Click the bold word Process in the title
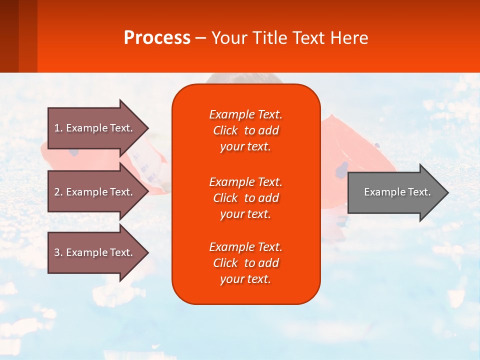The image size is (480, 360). point(157,38)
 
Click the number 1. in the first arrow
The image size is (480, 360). point(58,128)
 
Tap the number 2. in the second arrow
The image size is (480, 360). point(58,192)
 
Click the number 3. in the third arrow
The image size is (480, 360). point(58,252)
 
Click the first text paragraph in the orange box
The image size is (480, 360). point(245,130)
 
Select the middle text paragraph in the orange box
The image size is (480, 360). point(245,197)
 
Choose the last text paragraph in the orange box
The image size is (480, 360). point(245,263)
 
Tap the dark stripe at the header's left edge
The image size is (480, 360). point(9,36)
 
